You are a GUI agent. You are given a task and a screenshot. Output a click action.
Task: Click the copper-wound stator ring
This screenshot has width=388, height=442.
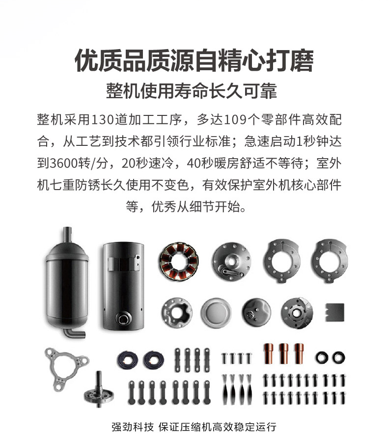179,262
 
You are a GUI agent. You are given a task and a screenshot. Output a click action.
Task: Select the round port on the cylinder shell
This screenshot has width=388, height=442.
124,319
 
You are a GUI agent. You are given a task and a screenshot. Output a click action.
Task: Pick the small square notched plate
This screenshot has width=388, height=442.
334,312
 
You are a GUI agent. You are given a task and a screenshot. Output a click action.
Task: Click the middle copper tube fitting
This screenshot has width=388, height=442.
284,354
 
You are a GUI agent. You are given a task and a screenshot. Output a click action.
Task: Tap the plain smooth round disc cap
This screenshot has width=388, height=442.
216,313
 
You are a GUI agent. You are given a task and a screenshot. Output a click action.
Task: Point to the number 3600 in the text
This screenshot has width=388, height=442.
64,164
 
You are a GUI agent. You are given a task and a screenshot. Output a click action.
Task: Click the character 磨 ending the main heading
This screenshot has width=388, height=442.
302,61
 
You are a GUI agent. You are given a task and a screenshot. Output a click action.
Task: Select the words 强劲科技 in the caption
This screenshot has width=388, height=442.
133,427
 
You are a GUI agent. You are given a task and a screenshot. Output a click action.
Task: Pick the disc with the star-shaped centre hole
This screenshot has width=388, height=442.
177,313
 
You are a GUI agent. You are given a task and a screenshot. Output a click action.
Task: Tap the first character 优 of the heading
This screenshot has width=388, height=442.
86,61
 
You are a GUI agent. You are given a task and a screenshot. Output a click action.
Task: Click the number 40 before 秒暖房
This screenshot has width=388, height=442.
194,164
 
